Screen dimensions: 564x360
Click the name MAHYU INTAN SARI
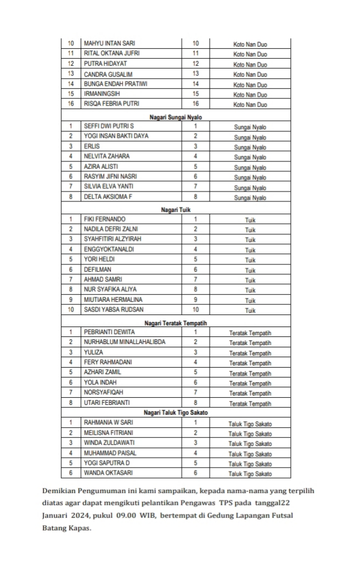pos(109,43)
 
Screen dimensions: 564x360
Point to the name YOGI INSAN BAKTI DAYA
pos(116,136)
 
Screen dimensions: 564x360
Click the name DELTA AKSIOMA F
pos(108,196)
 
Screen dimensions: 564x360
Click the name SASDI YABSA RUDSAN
pos(114,309)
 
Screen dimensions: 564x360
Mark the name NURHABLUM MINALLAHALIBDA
pos(124,342)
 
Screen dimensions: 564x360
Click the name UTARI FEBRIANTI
pos(106,402)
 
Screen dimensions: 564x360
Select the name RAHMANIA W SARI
pos(108,423)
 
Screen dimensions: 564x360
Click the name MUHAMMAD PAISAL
pos(110,453)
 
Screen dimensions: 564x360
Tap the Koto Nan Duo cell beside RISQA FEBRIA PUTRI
pos(250,104)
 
